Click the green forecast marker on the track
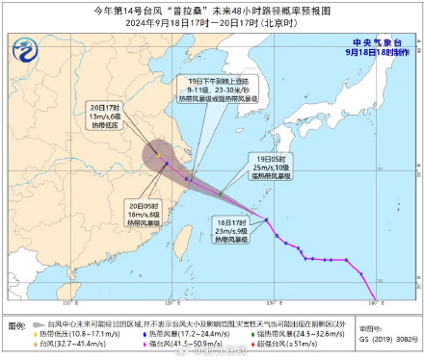pos(221,195)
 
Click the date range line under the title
pos(212,23)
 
